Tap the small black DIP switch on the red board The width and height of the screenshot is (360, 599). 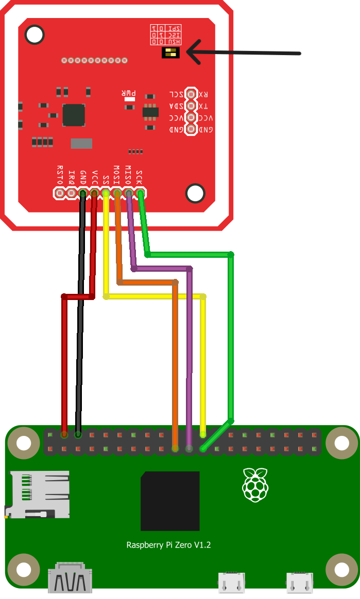tap(170, 52)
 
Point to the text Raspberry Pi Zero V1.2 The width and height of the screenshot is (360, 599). tap(168, 544)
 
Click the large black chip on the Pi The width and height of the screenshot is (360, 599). tap(170, 501)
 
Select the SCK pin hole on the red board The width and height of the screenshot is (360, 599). tap(140, 193)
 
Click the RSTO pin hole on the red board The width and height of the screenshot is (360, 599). tap(60, 193)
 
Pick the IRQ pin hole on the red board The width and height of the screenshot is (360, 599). tap(71, 193)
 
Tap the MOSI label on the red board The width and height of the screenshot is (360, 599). tap(116, 175)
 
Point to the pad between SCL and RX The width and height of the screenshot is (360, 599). tap(191, 94)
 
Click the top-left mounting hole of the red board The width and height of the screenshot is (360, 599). tap(35, 34)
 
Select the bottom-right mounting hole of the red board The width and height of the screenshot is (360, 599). tap(195, 193)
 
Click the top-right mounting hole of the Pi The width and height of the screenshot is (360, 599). tap(341, 442)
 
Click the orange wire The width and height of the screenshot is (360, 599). tap(175, 360)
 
